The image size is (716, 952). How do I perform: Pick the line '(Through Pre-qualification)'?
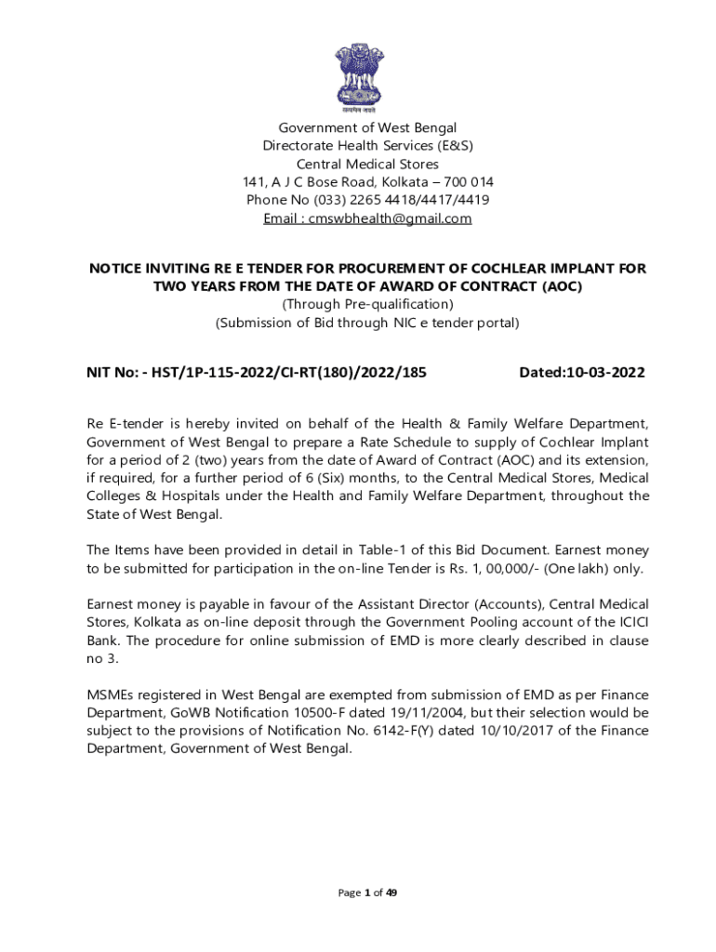pos(367,305)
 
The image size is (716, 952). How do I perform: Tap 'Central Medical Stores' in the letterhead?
pos(367,165)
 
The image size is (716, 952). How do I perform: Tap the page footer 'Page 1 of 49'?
pos(367,892)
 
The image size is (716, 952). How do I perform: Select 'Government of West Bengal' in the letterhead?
pos(367,127)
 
